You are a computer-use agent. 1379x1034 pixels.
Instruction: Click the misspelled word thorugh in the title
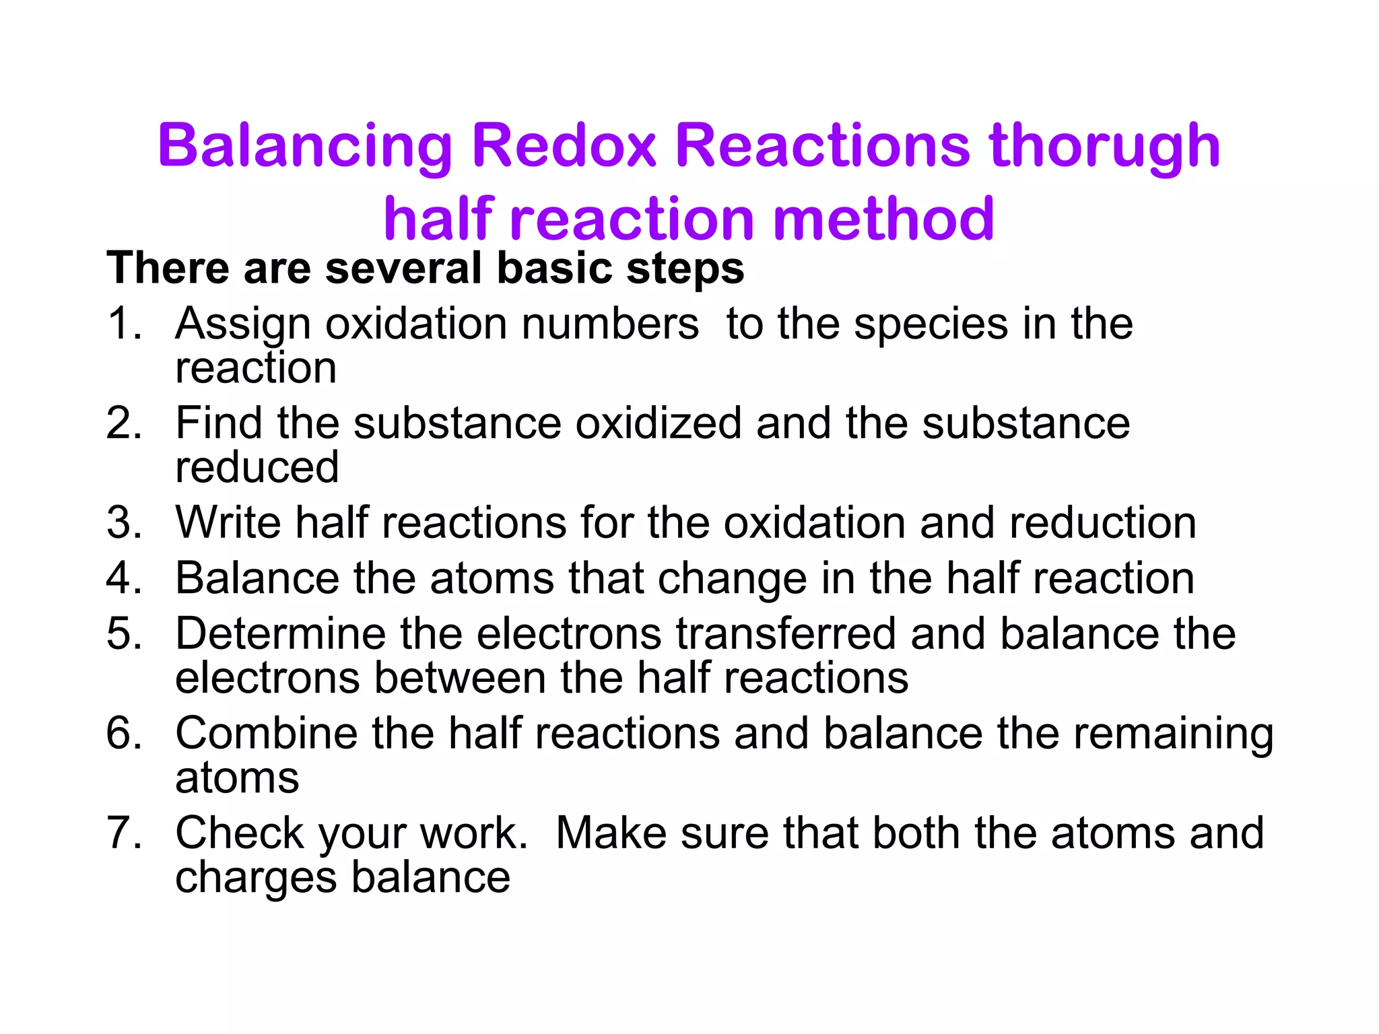pos(1104,147)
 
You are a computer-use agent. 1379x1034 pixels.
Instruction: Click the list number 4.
pos(124,578)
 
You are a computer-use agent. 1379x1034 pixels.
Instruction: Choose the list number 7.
pos(124,833)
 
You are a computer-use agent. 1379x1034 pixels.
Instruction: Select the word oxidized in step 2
pos(658,423)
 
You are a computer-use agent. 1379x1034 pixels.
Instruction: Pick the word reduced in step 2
pos(257,467)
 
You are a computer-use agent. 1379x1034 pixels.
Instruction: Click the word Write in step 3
pos(228,522)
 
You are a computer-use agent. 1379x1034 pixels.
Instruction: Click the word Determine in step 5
pos(280,633)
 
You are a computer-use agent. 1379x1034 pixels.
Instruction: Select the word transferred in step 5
pos(786,633)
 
